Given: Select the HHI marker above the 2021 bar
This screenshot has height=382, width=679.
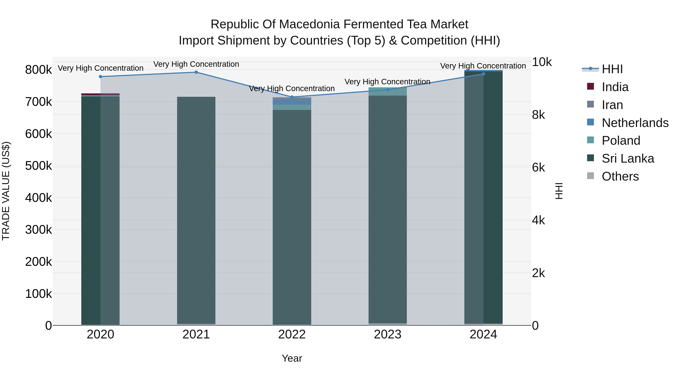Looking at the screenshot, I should (196, 72).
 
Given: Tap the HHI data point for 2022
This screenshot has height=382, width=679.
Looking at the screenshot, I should (292, 97).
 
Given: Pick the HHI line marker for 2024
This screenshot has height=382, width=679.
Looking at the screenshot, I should (483, 74).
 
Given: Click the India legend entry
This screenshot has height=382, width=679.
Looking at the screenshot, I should (615, 87).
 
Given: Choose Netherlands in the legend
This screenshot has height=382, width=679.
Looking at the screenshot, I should (635, 123).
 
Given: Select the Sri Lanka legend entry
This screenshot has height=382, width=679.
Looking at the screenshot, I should (628, 158).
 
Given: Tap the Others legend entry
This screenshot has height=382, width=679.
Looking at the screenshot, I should (620, 176).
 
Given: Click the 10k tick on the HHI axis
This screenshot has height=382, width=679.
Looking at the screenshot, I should (541, 62).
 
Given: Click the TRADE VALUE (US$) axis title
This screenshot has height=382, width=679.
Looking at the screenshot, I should (6, 191).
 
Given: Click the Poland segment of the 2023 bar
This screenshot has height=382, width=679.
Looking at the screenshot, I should (387, 91).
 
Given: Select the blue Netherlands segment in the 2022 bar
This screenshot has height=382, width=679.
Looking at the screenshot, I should (292, 102).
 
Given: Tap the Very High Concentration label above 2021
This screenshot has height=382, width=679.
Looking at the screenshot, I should (196, 64).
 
